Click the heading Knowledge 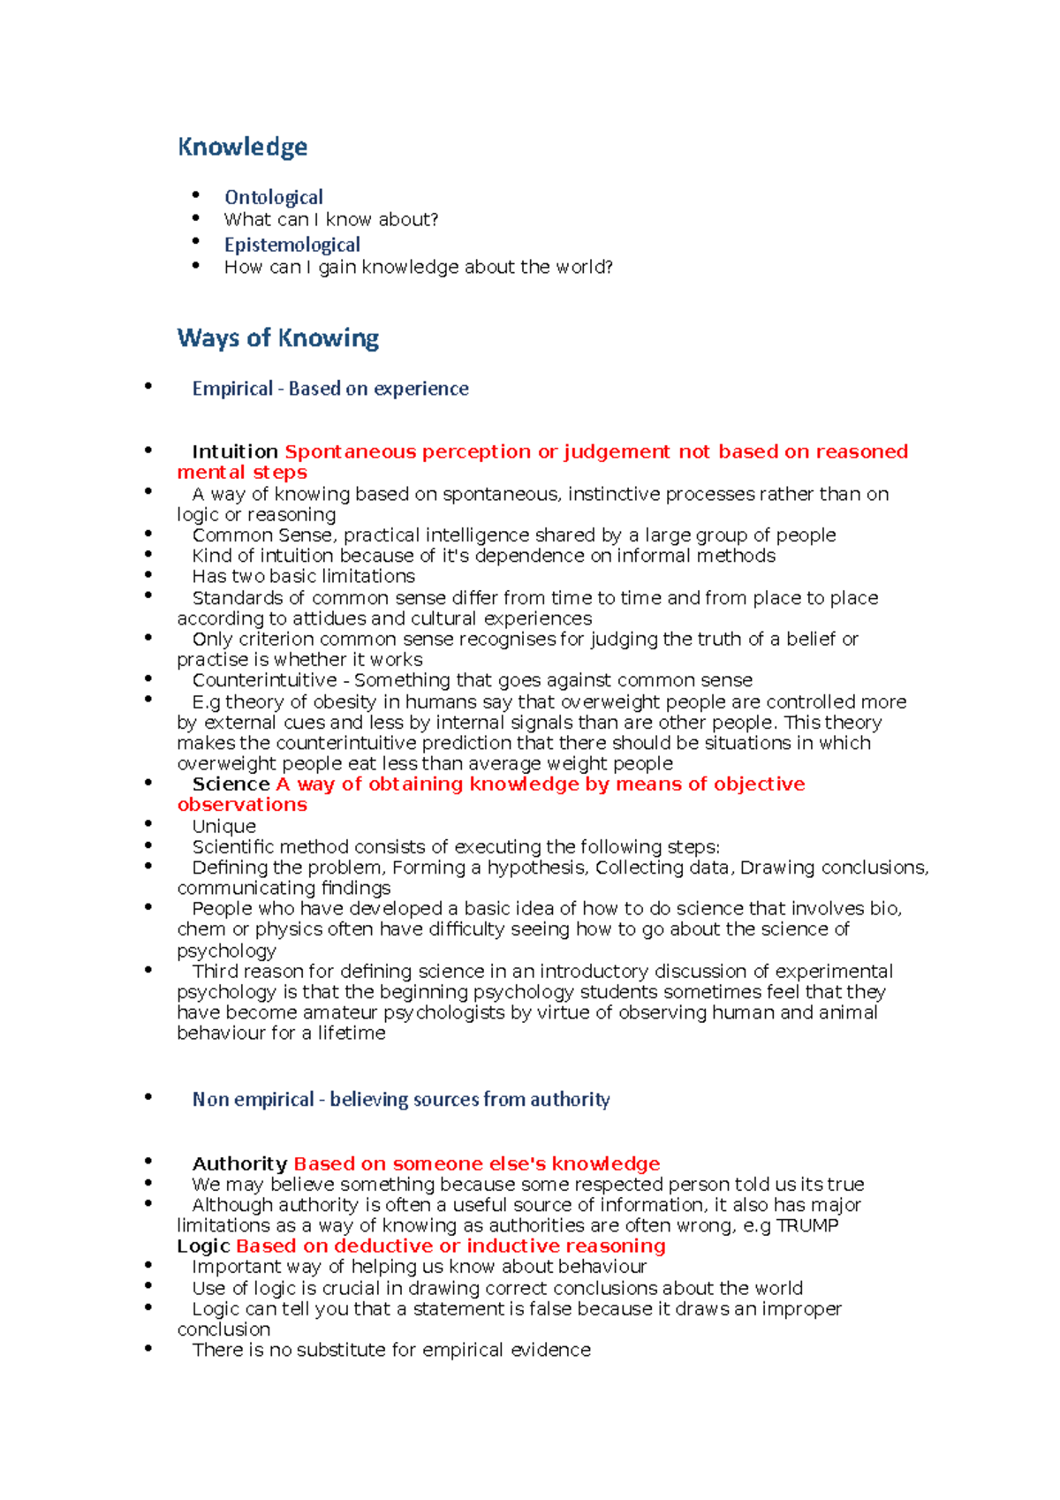(242, 147)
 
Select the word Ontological (273, 197)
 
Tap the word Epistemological (291, 245)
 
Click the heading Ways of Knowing (277, 337)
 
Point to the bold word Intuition (235, 451)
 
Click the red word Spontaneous (350, 451)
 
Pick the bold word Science (231, 784)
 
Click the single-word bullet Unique (223, 826)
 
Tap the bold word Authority (239, 1163)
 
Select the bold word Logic (203, 1246)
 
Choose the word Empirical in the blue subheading (232, 389)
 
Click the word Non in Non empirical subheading (210, 1100)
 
